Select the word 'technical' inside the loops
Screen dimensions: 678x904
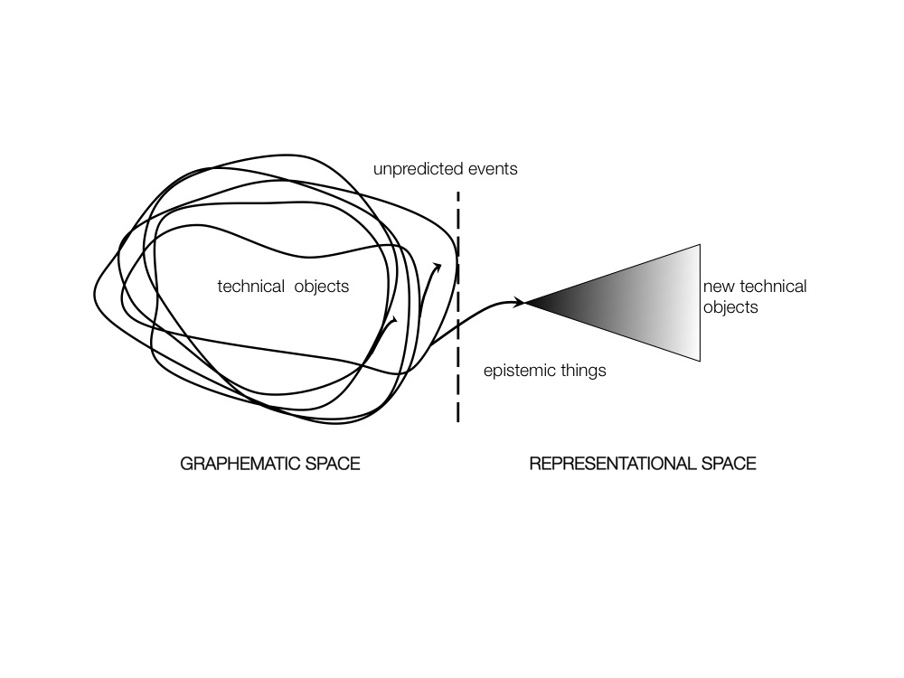pos(250,287)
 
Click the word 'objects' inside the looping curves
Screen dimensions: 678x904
pos(321,287)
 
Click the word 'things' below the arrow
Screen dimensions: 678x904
pos(581,370)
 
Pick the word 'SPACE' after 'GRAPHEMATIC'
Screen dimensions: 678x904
pos(334,465)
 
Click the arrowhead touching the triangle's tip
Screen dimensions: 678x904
pos(520,302)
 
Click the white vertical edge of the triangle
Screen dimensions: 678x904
pos(700,303)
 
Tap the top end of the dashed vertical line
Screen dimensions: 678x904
pos(458,193)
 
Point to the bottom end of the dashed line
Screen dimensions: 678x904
pos(458,420)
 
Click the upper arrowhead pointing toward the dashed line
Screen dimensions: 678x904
pos(438,268)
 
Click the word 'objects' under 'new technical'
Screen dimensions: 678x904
pos(730,307)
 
